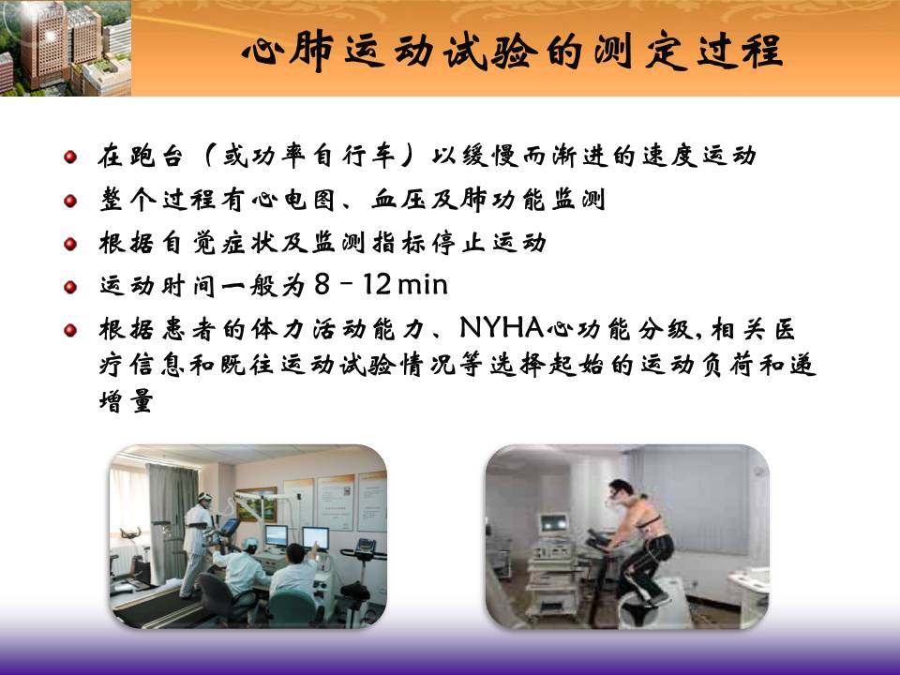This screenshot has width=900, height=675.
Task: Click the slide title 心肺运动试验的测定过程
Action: click(x=512, y=52)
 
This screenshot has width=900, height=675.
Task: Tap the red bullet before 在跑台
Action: click(x=70, y=157)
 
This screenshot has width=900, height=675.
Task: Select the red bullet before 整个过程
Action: click(x=70, y=200)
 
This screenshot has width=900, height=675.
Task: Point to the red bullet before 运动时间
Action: click(x=70, y=287)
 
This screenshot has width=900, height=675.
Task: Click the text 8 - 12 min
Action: click(x=382, y=285)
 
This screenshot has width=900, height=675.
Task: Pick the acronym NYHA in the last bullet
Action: click(x=502, y=328)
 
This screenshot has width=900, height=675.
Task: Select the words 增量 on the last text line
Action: click(x=127, y=400)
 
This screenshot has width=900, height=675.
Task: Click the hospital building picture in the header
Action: click(x=66, y=48)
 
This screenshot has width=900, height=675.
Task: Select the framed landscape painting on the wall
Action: click(x=258, y=504)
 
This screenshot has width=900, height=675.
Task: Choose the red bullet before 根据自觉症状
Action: click(x=70, y=244)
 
